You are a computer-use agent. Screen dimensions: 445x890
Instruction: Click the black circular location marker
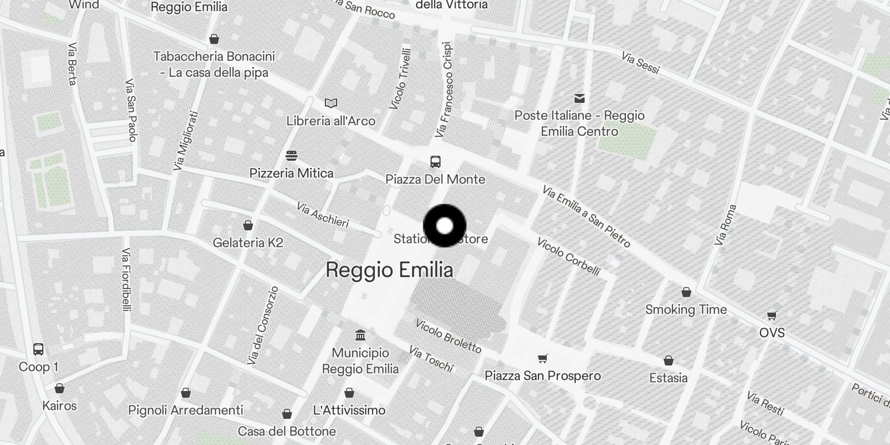(x=444, y=226)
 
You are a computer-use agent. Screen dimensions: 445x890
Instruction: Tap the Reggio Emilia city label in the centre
(x=389, y=270)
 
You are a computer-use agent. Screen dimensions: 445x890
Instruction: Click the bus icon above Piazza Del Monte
(x=436, y=162)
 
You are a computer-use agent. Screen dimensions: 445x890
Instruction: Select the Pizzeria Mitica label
(x=291, y=173)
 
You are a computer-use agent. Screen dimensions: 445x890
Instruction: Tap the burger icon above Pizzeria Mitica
(x=291, y=155)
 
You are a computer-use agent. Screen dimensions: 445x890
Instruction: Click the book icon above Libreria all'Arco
(x=331, y=103)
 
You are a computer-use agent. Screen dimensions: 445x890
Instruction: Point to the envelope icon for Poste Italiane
(x=580, y=98)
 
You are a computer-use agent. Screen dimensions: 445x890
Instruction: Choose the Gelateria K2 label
(x=248, y=243)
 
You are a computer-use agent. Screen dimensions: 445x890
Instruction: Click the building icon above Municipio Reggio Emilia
(x=360, y=335)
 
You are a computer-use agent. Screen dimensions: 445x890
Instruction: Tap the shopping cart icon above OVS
(x=772, y=316)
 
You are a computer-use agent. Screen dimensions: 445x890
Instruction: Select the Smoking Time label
(x=686, y=310)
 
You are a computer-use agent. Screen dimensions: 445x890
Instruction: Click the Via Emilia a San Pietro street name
(x=586, y=216)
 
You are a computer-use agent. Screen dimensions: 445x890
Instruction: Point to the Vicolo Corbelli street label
(x=568, y=256)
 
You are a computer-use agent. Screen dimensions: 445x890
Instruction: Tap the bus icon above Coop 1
(x=38, y=349)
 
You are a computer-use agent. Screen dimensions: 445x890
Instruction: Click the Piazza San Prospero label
(x=542, y=375)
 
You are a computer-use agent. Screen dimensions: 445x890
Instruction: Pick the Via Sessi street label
(x=640, y=63)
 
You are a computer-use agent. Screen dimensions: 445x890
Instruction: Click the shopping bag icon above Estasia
(x=668, y=361)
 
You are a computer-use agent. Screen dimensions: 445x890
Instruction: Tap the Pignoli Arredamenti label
(x=186, y=411)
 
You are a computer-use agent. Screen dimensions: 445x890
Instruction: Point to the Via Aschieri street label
(x=323, y=215)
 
